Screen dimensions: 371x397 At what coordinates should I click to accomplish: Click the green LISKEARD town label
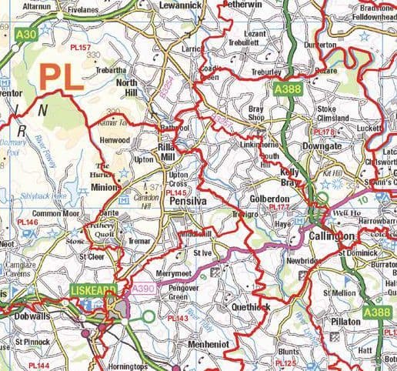(x=93, y=290)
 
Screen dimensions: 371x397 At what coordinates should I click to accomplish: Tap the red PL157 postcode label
(x=80, y=48)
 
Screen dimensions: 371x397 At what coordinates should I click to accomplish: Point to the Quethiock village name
(x=249, y=306)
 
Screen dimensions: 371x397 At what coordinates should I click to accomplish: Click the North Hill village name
(x=131, y=85)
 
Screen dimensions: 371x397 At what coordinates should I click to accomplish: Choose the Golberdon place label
(x=272, y=199)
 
